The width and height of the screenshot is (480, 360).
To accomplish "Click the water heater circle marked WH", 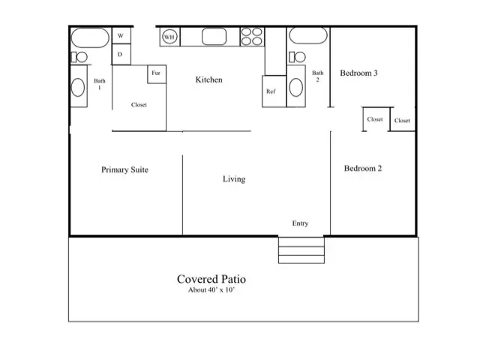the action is pyautogui.click(x=169, y=37).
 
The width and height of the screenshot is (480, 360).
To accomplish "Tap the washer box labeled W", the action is pyautogui.click(x=121, y=35).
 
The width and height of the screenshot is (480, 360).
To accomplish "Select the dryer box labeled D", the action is pyautogui.click(x=121, y=54).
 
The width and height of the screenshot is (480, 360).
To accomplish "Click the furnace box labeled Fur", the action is pyautogui.click(x=157, y=73).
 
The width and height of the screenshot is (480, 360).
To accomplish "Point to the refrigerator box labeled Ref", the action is pyautogui.click(x=274, y=91).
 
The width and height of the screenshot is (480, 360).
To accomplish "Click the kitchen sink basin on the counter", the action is pyautogui.click(x=214, y=37).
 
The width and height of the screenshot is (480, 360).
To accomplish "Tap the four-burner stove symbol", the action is pyautogui.click(x=252, y=37).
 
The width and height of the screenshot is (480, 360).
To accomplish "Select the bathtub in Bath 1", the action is pyautogui.click(x=90, y=37).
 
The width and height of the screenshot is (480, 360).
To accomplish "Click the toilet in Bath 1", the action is pyautogui.click(x=79, y=57).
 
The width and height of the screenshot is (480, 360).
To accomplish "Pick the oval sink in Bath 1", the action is pyautogui.click(x=78, y=87).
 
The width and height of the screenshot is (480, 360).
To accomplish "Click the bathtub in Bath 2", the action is pyautogui.click(x=308, y=35).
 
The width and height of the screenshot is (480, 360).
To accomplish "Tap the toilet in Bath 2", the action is pyautogui.click(x=297, y=57).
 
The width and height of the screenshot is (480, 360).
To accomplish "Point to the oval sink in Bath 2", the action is pyautogui.click(x=296, y=87).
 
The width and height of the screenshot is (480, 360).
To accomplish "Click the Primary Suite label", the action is pyautogui.click(x=125, y=169).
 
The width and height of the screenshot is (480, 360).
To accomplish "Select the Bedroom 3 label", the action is pyautogui.click(x=358, y=73).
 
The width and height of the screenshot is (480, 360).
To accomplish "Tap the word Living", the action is pyautogui.click(x=234, y=179).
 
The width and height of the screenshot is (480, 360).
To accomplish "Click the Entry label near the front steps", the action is pyautogui.click(x=300, y=223).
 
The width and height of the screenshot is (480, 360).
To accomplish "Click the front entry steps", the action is pyautogui.click(x=301, y=250).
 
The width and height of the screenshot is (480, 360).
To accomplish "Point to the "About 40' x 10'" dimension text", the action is pyautogui.click(x=211, y=290).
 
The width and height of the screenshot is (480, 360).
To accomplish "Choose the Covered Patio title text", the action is pyautogui.click(x=211, y=279).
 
